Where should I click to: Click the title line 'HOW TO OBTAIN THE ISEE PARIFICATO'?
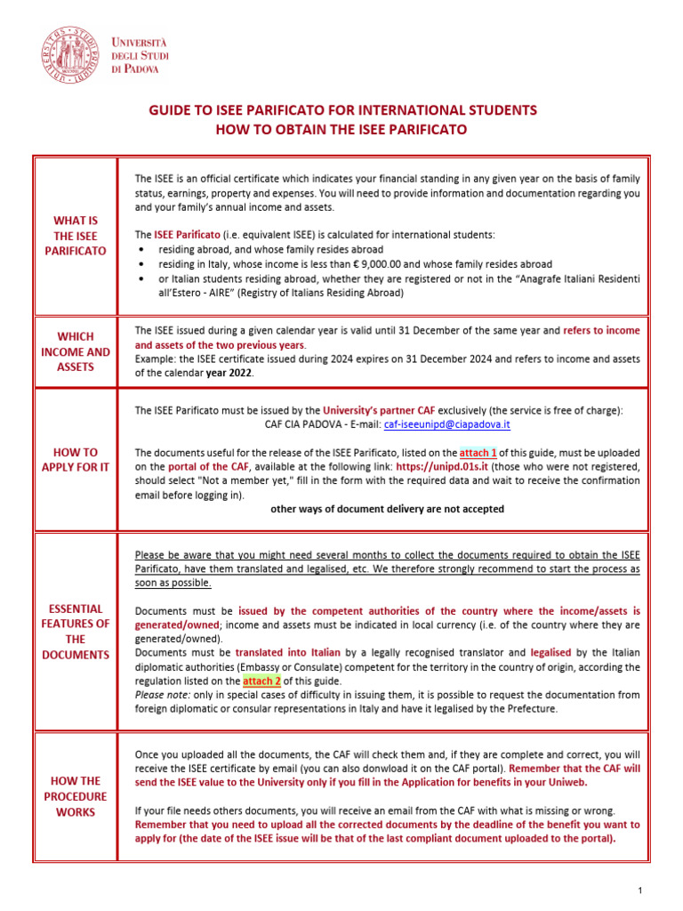[x=341, y=130]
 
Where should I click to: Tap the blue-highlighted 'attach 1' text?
[x=478, y=452]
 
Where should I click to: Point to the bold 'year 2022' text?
[x=229, y=373]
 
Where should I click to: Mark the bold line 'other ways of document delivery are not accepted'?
[x=387, y=509]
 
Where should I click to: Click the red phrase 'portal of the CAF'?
[x=209, y=466]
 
